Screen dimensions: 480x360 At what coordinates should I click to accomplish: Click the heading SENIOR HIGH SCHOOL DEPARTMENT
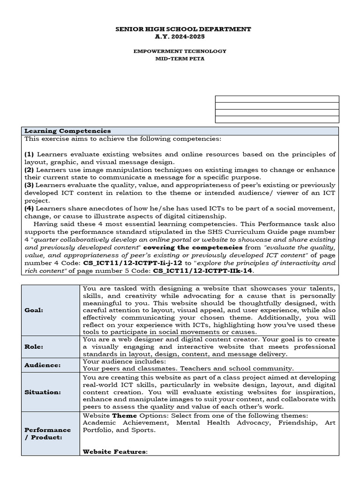pyautogui.click(x=183, y=29)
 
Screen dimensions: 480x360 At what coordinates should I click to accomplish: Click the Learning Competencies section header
pyautogui.click(x=67, y=131)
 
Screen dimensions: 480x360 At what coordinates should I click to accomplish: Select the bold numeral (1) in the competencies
pyautogui.click(x=30, y=154)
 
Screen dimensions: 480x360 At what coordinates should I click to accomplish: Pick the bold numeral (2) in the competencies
pyautogui.click(x=30, y=169)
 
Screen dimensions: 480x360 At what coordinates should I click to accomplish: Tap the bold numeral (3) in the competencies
pyautogui.click(x=30, y=185)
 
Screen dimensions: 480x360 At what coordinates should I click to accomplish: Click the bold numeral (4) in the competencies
pyautogui.click(x=30, y=208)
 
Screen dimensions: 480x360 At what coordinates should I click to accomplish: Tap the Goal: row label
pyautogui.click(x=33, y=310)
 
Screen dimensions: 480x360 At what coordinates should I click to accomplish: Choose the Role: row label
pyautogui.click(x=33, y=347)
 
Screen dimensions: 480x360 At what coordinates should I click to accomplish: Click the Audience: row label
pyautogui.click(x=42, y=365)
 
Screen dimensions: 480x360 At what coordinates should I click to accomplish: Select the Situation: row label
pyautogui.click(x=43, y=392)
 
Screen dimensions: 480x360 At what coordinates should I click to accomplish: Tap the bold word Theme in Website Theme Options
pyautogui.click(x=124, y=415)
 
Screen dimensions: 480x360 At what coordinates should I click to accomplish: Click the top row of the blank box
pyautogui.click(x=277, y=99)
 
